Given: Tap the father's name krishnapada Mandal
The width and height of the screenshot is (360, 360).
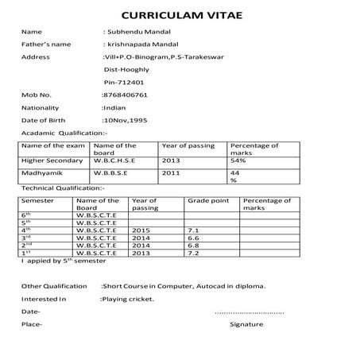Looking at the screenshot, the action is (143, 44).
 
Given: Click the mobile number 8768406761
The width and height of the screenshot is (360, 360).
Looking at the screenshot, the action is (126, 94).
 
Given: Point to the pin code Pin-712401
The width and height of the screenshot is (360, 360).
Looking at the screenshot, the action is (124, 82).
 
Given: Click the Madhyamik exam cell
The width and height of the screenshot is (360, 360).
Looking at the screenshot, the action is (40, 172).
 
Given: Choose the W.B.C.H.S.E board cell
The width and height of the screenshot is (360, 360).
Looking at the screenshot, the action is (114, 161).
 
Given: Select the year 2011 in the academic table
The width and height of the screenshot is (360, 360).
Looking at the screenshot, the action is (171, 172).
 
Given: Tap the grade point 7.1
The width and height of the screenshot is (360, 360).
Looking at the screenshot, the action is (192, 230).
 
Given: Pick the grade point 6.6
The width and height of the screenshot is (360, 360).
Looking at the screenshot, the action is (192, 238).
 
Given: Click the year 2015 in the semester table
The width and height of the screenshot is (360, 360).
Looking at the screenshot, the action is (141, 230).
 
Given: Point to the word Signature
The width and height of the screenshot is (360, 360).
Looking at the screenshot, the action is (246, 325).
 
